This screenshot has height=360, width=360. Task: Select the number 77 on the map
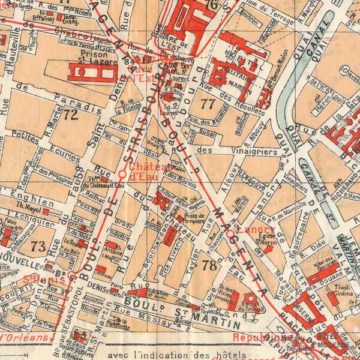point(208,103)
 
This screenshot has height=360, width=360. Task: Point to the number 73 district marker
point(38,246)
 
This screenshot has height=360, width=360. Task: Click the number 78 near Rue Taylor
point(210,266)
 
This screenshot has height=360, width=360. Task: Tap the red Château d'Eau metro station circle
point(122,174)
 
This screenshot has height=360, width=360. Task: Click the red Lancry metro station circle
point(230,231)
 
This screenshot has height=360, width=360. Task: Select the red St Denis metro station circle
point(71,277)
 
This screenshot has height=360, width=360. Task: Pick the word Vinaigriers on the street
point(252,152)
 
